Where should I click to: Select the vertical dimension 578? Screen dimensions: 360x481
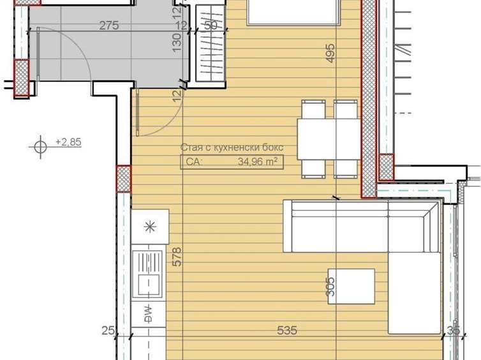click(x=177, y=257)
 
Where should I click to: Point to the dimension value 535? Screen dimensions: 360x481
click(x=288, y=330)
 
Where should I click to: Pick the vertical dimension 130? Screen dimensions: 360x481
click(x=177, y=41)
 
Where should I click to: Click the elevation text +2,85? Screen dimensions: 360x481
click(x=68, y=142)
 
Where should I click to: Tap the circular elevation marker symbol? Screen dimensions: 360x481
click(x=40, y=146)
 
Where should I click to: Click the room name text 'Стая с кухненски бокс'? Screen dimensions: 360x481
click(x=232, y=147)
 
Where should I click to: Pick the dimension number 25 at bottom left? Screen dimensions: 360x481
click(x=108, y=330)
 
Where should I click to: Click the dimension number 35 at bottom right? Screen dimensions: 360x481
click(x=454, y=330)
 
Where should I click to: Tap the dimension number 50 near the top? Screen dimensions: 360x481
click(x=209, y=26)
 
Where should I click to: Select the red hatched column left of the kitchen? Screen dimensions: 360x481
click(x=123, y=178)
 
